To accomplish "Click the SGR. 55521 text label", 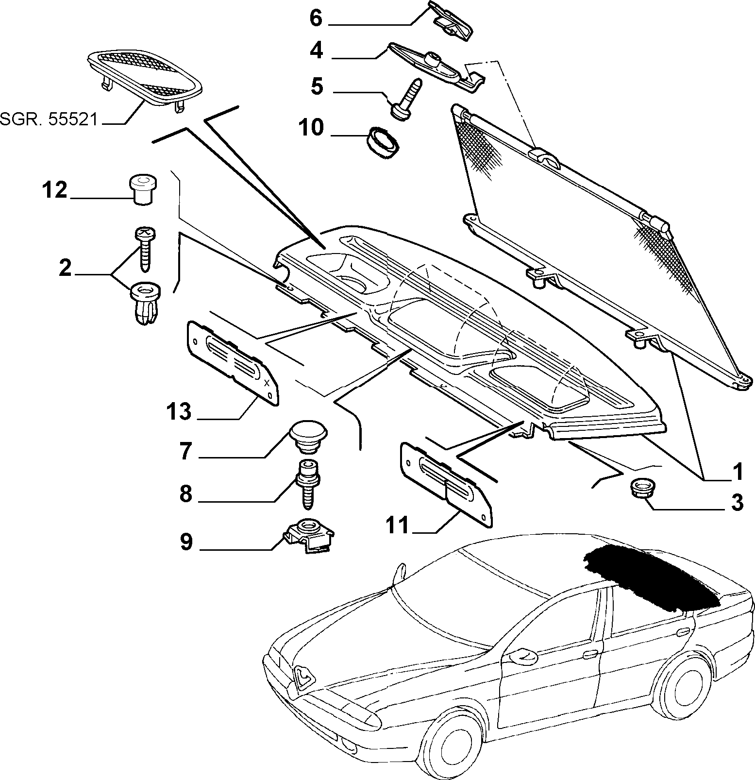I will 49,119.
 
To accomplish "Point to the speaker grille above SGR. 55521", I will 145,76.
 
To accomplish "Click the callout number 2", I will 65,268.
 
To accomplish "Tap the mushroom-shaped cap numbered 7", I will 308,435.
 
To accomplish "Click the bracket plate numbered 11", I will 446,483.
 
